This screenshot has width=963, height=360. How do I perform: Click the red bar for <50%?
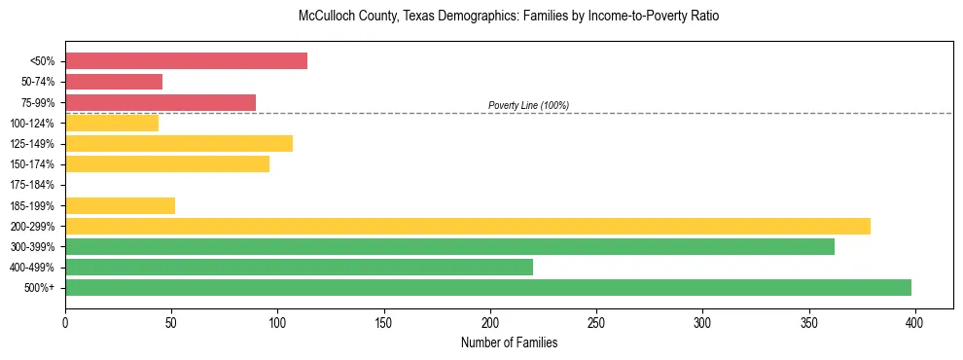click(x=186, y=61)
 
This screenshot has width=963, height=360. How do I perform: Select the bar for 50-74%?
click(x=114, y=82)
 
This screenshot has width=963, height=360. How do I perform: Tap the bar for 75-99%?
click(x=160, y=102)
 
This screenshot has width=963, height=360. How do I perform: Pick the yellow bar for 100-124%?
click(x=112, y=124)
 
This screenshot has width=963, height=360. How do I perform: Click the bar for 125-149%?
click(x=179, y=144)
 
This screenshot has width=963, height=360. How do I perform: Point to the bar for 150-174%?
click(x=167, y=164)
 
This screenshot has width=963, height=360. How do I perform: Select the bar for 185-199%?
click(x=120, y=205)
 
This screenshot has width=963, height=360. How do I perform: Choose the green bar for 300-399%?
click(x=449, y=247)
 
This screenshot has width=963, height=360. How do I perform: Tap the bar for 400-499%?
click(x=299, y=268)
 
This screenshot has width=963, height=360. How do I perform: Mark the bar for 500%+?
click(x=488, y=288)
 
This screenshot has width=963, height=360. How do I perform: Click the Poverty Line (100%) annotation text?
click(x=528, y=105)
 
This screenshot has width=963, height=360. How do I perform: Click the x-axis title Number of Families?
click(x=510, y=342)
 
